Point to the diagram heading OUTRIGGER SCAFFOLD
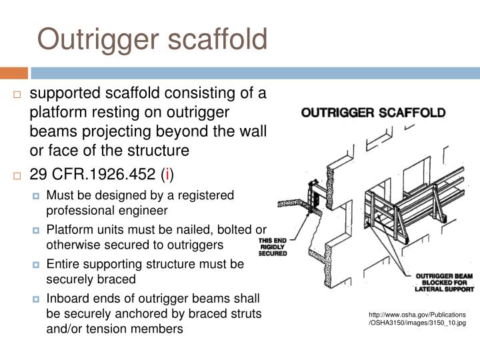point(373,113)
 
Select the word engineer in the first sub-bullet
point(144,210)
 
